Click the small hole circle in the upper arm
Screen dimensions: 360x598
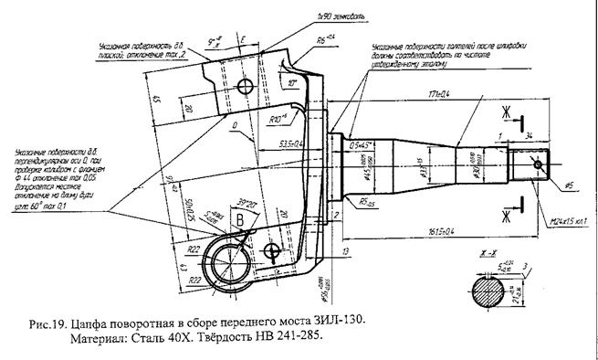[246, 86]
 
